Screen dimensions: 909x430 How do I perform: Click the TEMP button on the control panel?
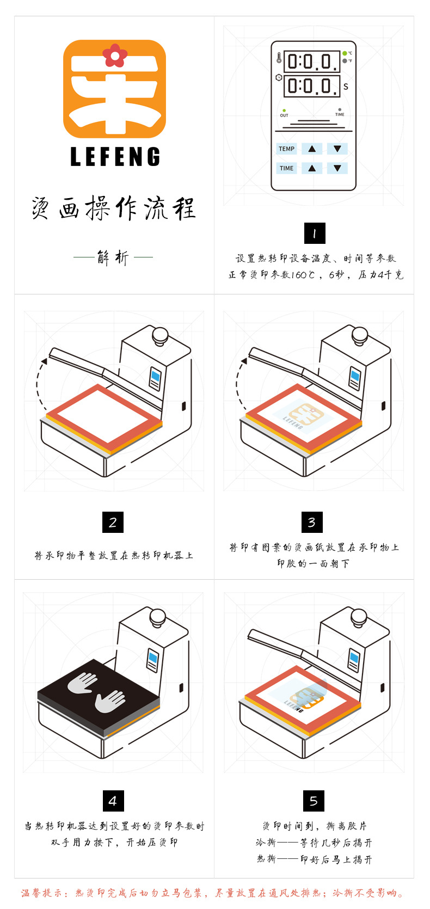(x=286, y=149)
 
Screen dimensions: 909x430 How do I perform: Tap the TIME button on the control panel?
(x=286, y=168)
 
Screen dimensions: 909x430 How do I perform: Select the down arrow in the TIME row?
(x=337, y=168)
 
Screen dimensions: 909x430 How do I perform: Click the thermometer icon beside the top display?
(x=279, y=58)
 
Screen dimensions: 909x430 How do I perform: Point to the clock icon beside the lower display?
(x=279, y=78)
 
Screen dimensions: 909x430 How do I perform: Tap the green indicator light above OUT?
(x=284, y=110)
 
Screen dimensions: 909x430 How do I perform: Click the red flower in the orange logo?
(x=115, y=55)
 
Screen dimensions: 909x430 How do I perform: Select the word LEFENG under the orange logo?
(x=115, y=157)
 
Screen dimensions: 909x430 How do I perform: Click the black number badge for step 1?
(x=314, y=234)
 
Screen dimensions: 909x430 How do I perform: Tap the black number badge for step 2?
(x=113, y=523)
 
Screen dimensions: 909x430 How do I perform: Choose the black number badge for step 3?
(x=312, y=523)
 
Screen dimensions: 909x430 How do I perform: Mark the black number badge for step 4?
(x=113, y=801)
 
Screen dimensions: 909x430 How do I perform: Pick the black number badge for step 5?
(x=314, y=801)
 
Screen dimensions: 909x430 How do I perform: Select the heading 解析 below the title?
(x=113, y=257)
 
